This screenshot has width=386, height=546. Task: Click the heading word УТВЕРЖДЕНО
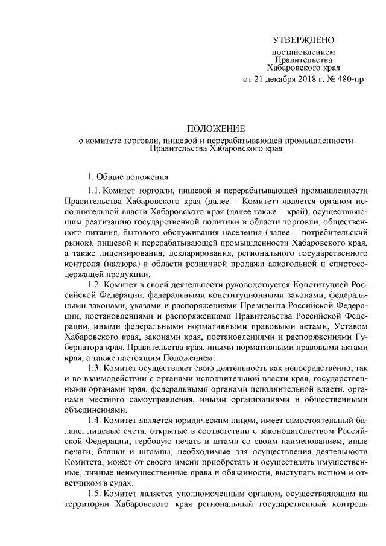[x=303, y=41]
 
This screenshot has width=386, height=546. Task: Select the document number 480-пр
[x=350, y=80]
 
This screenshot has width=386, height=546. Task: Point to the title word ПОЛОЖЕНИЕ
[x=215, y=129]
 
